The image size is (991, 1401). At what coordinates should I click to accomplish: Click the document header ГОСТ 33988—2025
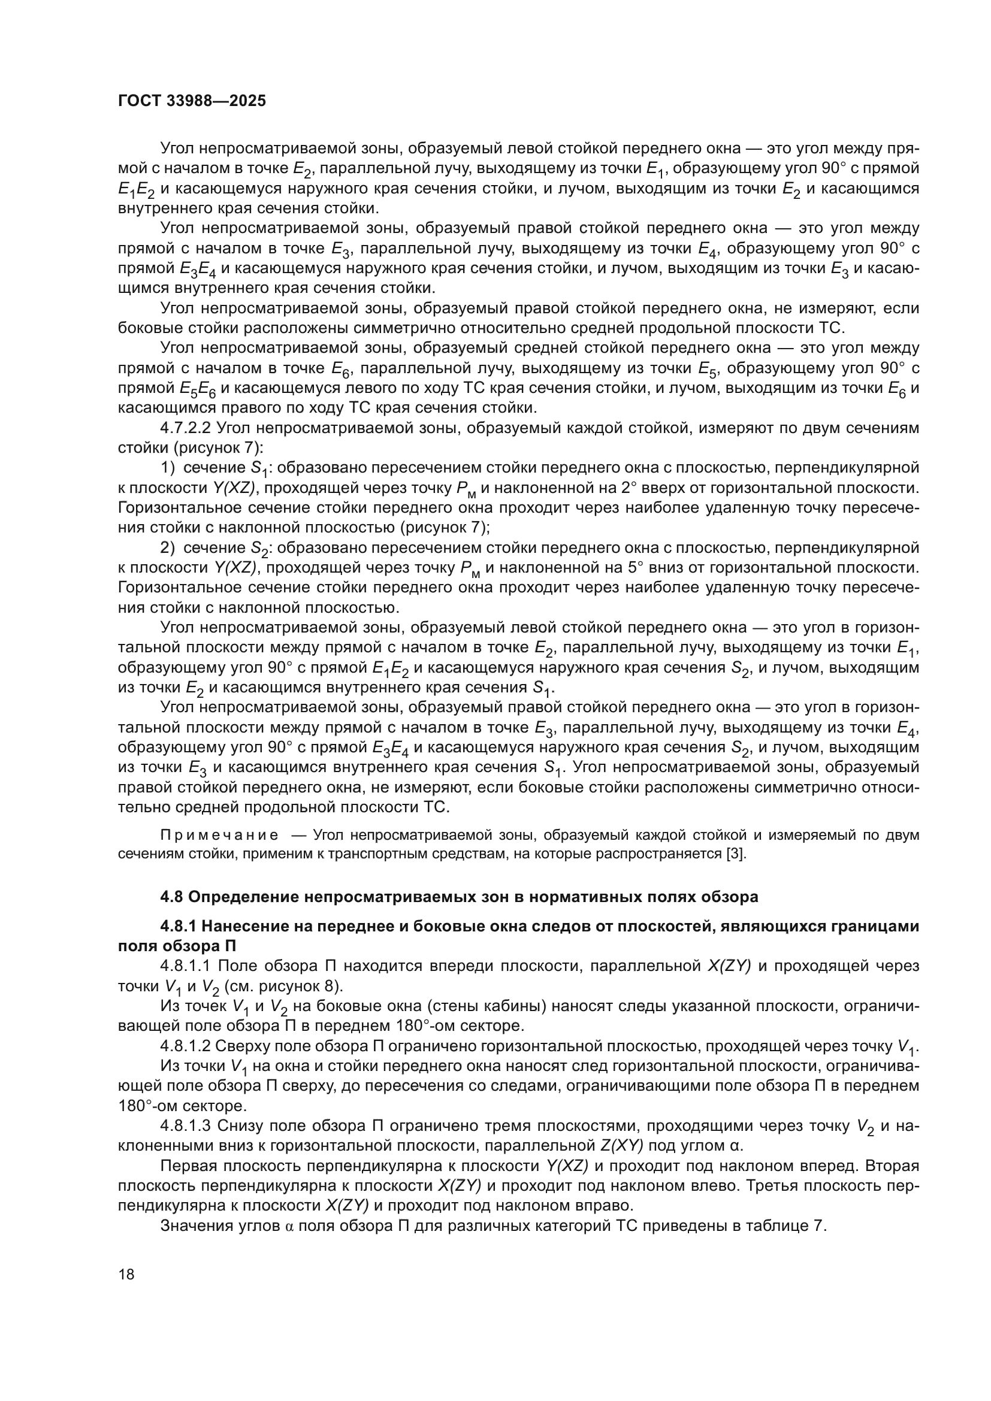point(192,101)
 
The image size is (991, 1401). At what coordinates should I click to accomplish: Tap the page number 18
point(126,1274)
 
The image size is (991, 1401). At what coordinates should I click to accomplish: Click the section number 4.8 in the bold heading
point(172,897)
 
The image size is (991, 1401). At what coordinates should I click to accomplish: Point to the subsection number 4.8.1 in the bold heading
point(177,926)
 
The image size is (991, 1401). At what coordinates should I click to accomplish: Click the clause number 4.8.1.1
point(186,966)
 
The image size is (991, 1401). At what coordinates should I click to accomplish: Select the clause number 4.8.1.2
point(186,1046)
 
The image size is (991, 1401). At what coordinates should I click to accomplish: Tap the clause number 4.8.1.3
point(186,1126)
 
